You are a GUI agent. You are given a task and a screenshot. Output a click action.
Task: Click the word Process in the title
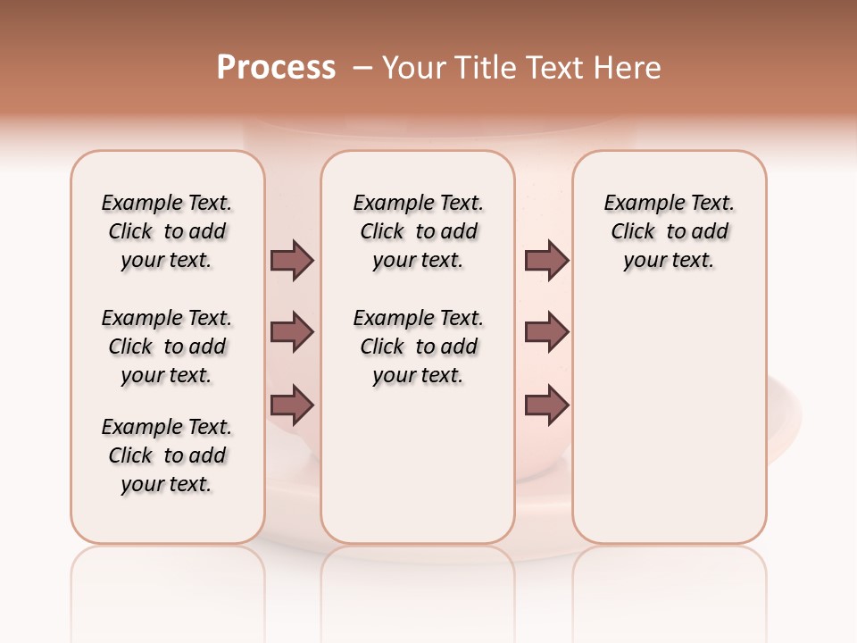276,68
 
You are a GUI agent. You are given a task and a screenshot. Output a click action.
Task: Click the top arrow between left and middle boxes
292,260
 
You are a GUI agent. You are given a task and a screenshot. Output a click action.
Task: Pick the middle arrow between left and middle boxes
292,332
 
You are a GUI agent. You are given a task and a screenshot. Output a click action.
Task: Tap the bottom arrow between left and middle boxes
292,405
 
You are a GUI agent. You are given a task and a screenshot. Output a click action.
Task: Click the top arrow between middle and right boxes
546,260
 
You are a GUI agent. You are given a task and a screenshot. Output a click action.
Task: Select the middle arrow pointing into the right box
546,332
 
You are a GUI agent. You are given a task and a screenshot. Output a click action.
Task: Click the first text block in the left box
167,231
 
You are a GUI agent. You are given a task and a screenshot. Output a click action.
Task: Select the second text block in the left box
167,347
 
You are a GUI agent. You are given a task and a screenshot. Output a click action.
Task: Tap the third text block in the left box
167,455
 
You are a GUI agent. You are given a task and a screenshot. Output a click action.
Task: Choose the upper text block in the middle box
418,231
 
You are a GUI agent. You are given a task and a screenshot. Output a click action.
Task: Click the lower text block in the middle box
418,347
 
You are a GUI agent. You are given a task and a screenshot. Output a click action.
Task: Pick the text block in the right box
669,231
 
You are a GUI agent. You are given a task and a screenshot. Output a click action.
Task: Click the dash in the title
362,68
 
